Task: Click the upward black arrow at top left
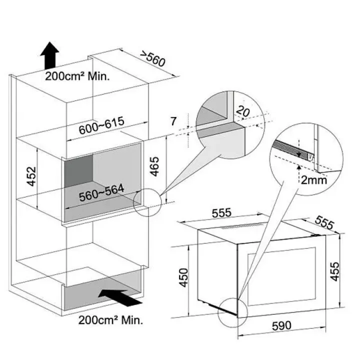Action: (x=49, y=55)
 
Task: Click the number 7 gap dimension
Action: (x=173, y=120)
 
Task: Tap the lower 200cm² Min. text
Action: (x=110, y=320)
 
